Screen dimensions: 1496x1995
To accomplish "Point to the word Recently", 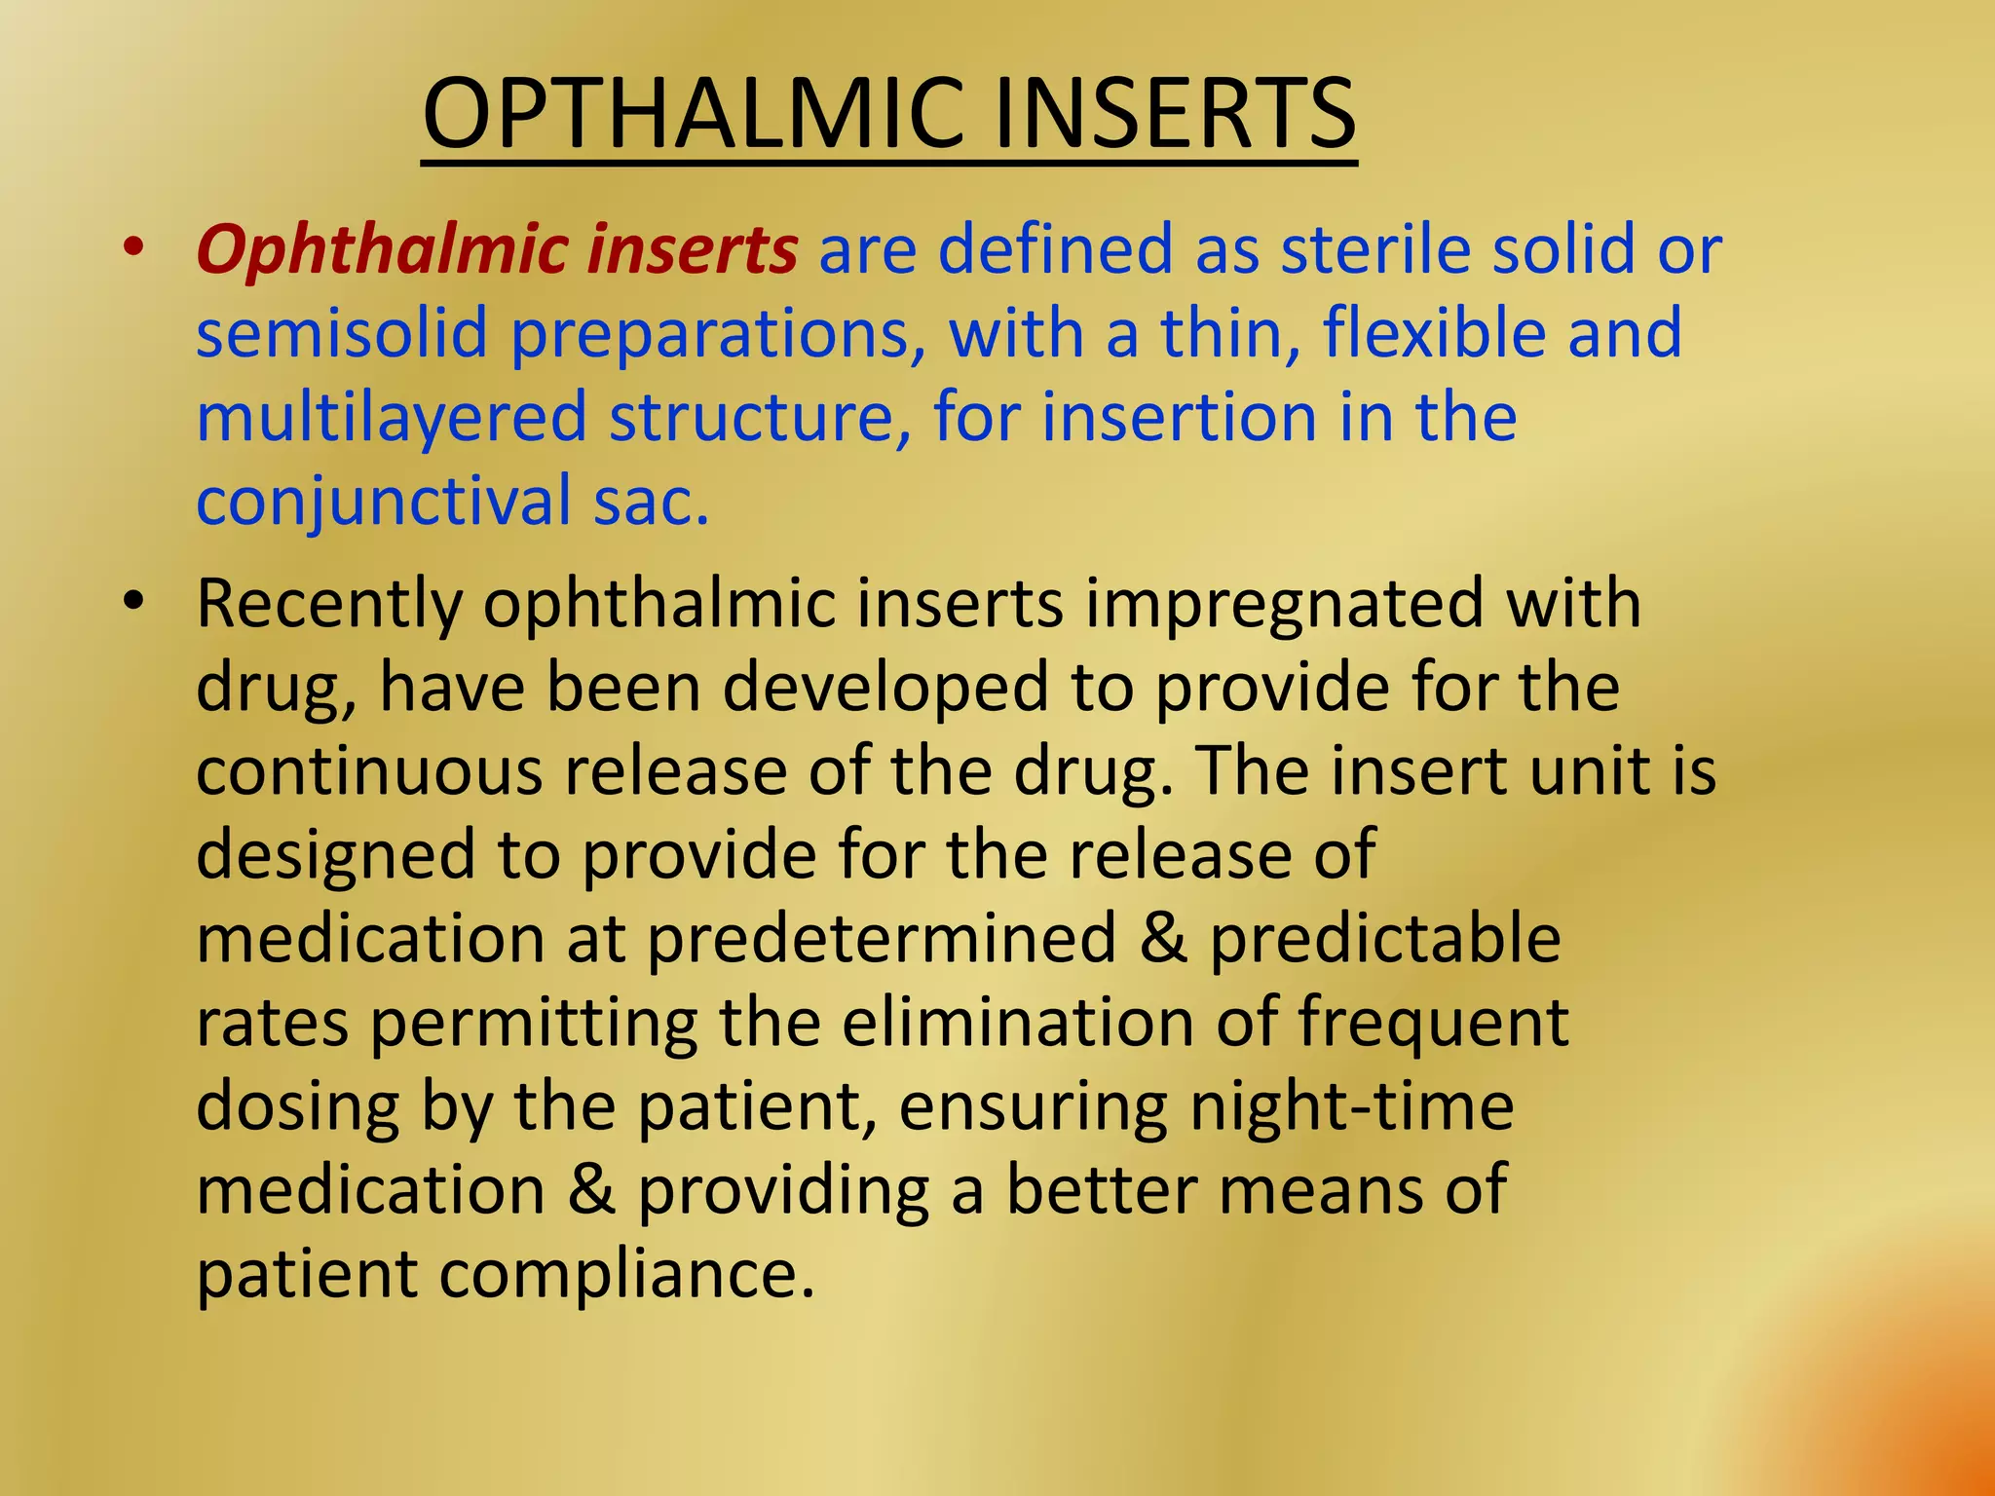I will tap(328, 605).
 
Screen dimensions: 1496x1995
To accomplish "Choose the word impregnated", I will tap(1284, 605).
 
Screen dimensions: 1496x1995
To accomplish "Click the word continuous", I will tap(368, 771).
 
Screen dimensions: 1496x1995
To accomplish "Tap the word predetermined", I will tap(882, 939).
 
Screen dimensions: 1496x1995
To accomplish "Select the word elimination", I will tap(1017, 1023).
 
